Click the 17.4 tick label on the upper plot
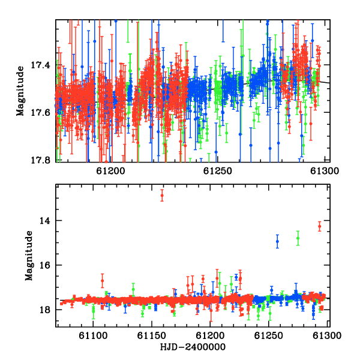[x=40, y=65]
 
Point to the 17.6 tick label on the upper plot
[x=40, y=113]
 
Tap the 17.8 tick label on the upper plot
[x=40, y=160]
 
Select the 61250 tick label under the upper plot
[x=218, y=171]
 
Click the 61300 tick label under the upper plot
[x=325, y=171]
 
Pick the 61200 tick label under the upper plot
[x=110, y=171]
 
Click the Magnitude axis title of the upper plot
[x=20, y=91]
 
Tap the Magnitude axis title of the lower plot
[x=29, y=256]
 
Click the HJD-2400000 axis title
[x=193, y=347]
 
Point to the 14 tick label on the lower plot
[x=44, y=221]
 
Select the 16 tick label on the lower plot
[x=44, y=265]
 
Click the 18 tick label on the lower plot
[x=44, y=310]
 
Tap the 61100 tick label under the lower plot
[x=93, y=336]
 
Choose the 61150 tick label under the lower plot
[x=152, y=336]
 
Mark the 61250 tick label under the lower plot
[x=268, y=336]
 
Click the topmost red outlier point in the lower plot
[x=162, y=196]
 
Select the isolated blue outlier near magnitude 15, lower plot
[x=277, y=241]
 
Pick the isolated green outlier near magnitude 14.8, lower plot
[x=298, y=238]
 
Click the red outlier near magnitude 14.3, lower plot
[x=320, y=226]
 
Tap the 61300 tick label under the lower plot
[x=327, y=336]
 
